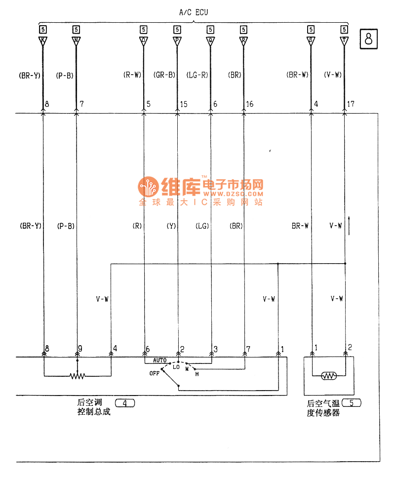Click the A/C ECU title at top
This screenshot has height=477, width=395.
tap(194, 12)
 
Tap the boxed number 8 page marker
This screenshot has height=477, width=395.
tap(369, 39)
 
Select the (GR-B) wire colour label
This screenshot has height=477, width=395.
tap(164, 76)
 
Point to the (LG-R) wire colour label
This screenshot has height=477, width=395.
tap(197, 76)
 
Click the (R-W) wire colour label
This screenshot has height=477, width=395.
tap(132, 76)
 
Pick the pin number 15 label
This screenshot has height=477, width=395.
tap(184, 105)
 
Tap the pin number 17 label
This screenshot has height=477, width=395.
tap(352, 105)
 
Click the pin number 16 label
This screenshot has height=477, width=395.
tap(250, 105)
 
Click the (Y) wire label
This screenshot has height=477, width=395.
tap(171, 226)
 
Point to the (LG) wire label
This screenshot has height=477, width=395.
tap(202, 226)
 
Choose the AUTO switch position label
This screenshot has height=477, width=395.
tap(159, 361)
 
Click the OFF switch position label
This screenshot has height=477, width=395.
tap(154, 374)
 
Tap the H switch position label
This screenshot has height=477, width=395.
tap(197, 374)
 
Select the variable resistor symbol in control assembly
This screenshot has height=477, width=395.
tap(78, 376)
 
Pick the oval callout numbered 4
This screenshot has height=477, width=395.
tap(125, 403)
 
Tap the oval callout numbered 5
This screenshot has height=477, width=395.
tap(351, 403)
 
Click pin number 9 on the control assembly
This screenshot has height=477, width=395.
tap(80, 349)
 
